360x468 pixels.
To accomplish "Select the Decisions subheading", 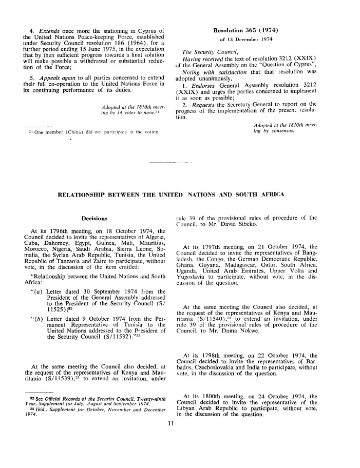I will (x=94, y=218).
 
